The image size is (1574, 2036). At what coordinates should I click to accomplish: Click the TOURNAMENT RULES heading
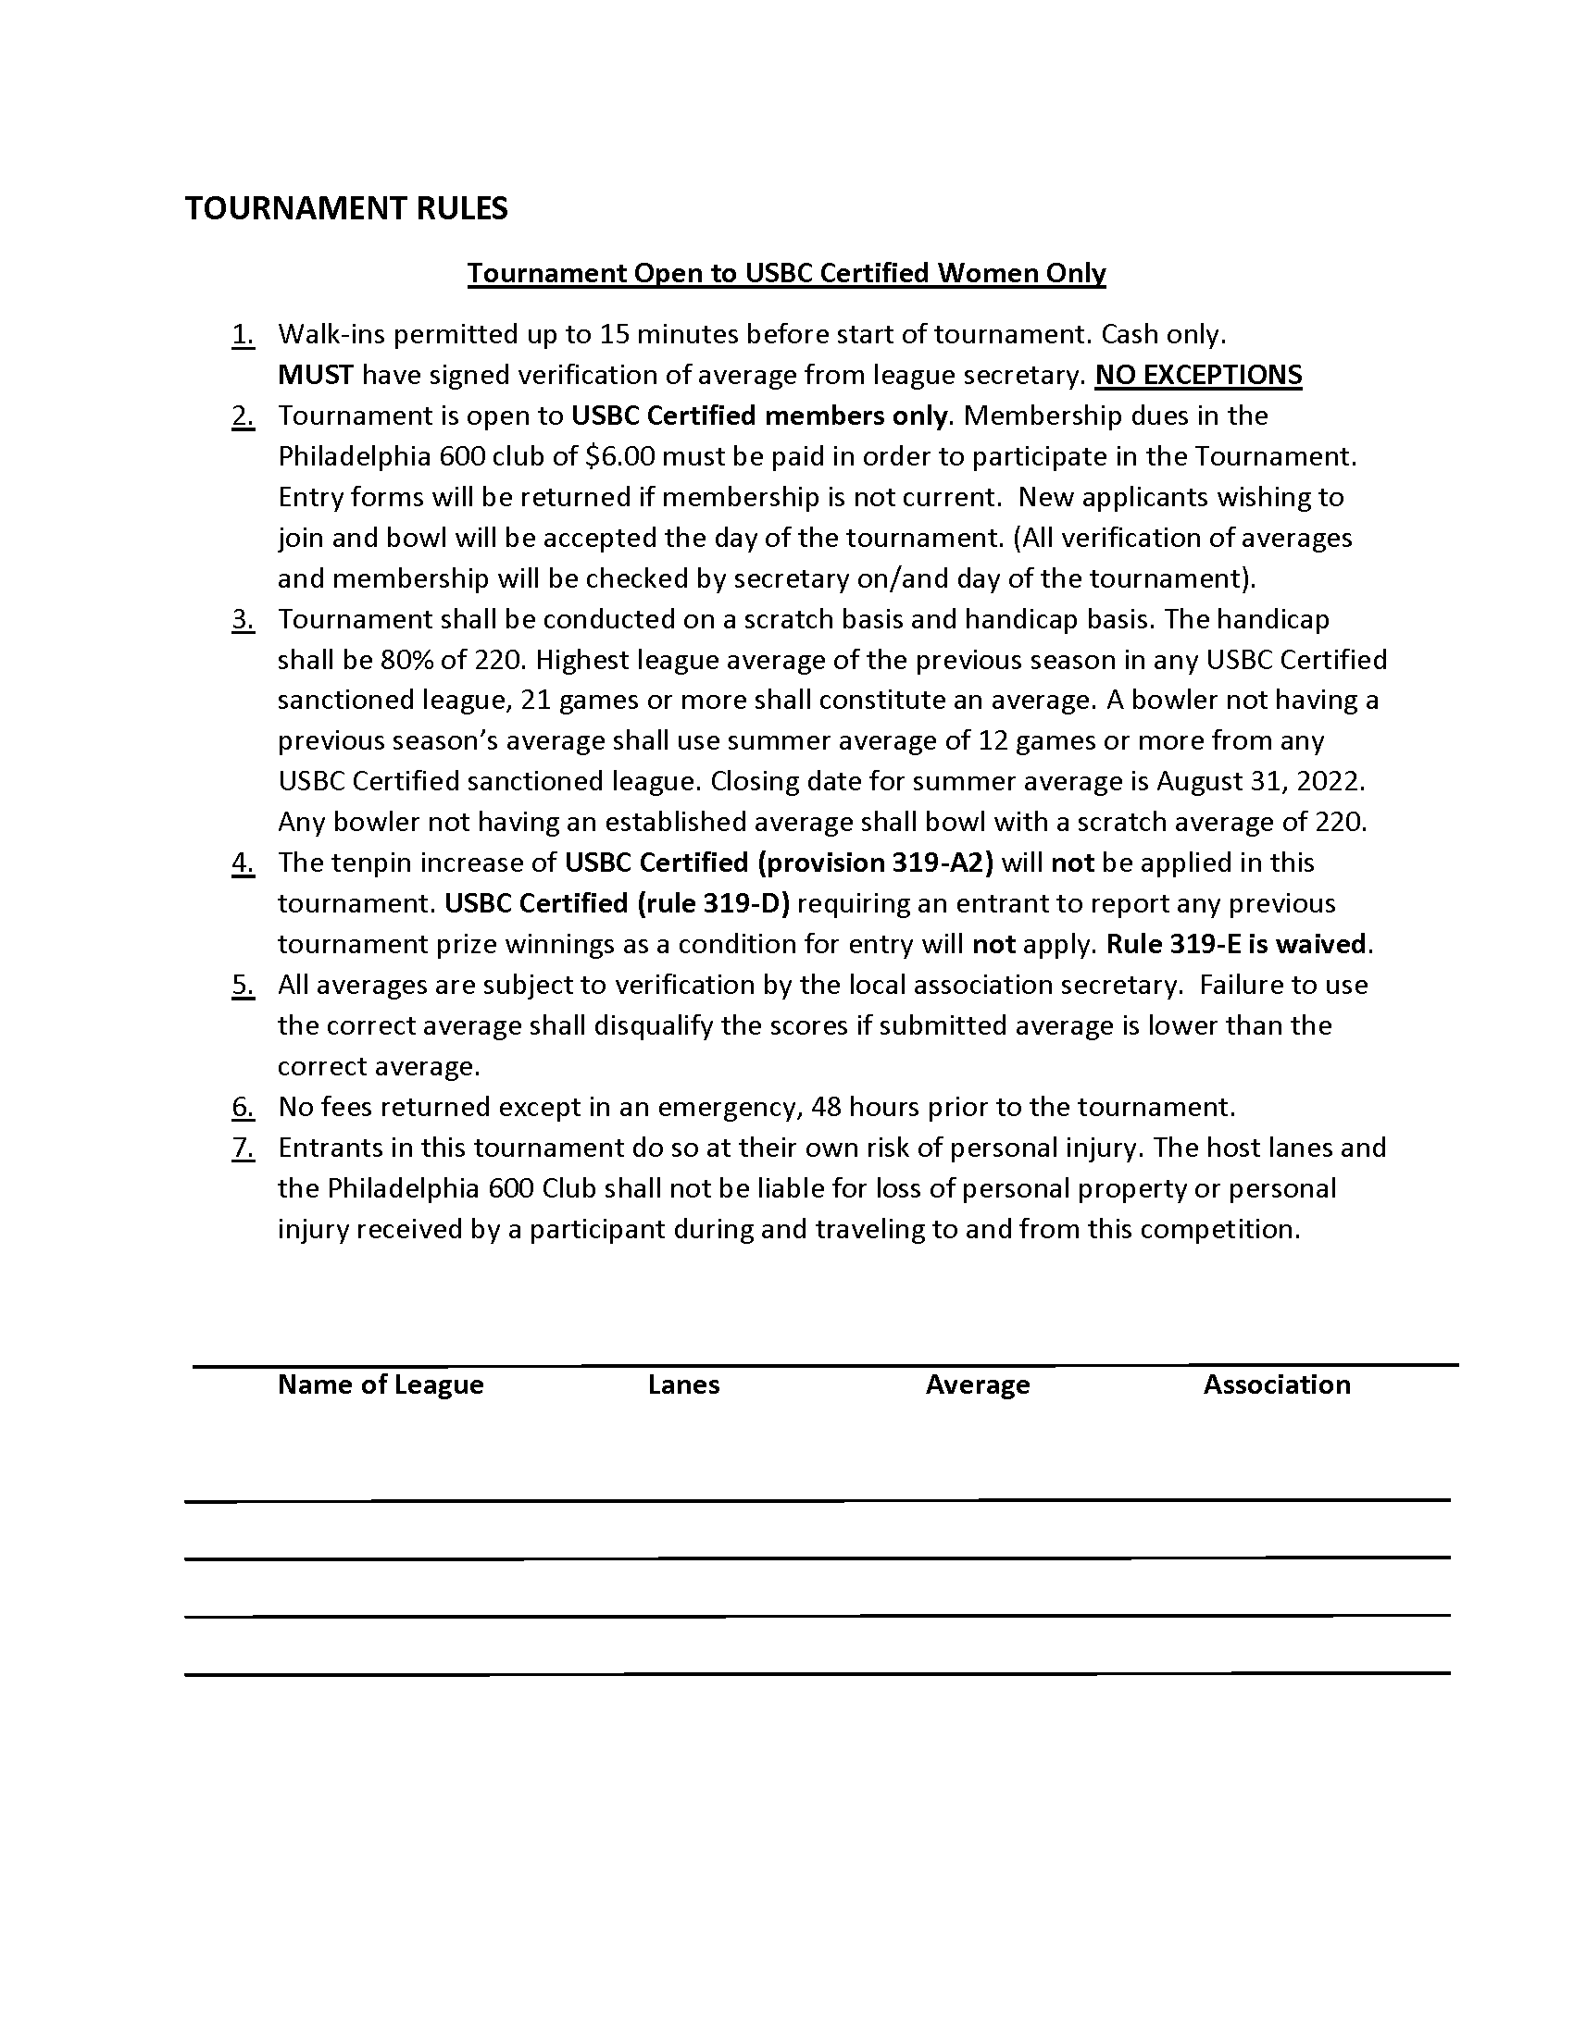pos(346,208)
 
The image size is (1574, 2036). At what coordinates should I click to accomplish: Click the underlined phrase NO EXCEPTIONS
pos(1198,375)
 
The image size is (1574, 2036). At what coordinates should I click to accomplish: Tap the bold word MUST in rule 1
pos(315,375)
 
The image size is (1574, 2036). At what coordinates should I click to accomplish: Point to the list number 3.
pos(243,620)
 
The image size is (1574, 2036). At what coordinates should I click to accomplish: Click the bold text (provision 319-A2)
pos(875,863)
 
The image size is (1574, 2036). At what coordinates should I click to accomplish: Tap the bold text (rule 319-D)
pos(712,903)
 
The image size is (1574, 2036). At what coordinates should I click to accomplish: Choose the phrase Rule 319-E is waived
pos(1236,944)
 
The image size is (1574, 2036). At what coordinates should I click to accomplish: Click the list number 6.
pos(243,1108)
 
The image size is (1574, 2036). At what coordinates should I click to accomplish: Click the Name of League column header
pos(381,1384)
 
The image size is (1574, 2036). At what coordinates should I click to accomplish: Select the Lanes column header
pos(683,1384)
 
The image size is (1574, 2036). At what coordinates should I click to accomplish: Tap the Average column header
pos(977,1384)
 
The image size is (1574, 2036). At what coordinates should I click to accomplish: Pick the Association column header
pos(1277,1384)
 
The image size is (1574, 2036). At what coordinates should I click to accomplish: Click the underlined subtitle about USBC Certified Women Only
pos(786,273)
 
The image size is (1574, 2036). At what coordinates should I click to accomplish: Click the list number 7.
pos(243,1148)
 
